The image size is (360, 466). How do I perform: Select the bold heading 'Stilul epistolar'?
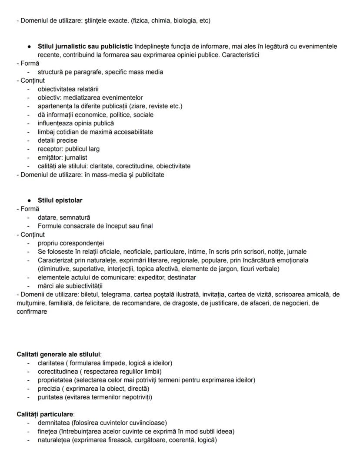[60, 201]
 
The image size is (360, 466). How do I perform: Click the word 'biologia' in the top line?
[186, 20]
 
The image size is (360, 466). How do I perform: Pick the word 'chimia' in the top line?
[160, 20]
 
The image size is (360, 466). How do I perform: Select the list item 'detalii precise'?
[57, 141]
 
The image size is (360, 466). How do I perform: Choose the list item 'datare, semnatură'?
[64, 218]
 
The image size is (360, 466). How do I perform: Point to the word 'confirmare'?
[31, 312]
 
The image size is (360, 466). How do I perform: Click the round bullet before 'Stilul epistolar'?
[29, 201]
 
